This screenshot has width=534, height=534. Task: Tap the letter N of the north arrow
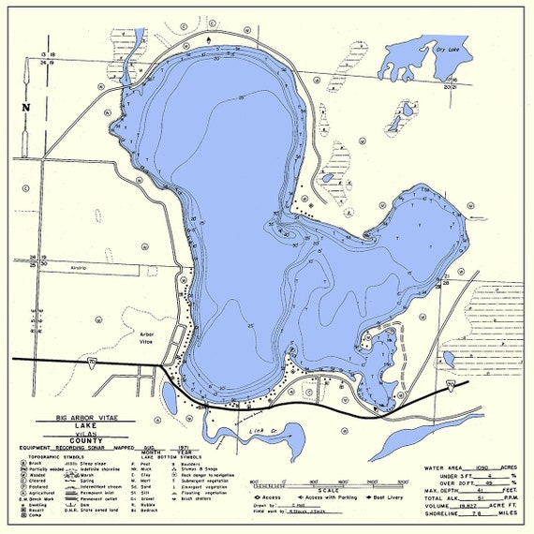point(25,107)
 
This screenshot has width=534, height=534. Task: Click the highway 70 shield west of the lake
point(92,362)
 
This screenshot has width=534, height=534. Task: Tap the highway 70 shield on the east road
point(451,384)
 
